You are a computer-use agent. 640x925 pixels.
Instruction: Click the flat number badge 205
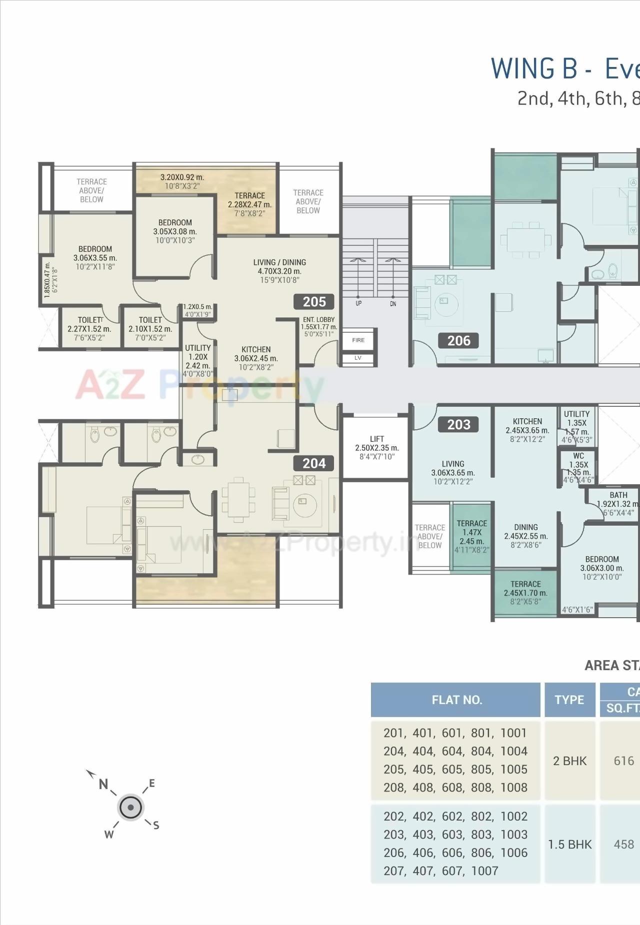[x=314, y=302]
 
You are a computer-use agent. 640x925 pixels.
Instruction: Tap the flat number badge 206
[x=458, y=341]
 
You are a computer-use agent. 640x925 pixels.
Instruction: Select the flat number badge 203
[x=458, y=425]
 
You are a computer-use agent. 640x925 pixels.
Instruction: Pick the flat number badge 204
[x=314, y=463]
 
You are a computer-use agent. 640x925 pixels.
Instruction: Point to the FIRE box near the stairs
[x=358, y=340]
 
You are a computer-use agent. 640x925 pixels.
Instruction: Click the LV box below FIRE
[x=358, y=358]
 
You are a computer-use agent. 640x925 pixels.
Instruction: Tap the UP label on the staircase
[x=358, y=303]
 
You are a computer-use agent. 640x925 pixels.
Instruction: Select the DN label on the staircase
[x=393, y=304]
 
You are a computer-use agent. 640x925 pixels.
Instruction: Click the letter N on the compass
[x=103, y=784]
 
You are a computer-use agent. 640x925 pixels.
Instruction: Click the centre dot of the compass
[x=130, y=807]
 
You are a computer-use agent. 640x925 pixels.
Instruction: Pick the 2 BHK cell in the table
[x=569, y=761]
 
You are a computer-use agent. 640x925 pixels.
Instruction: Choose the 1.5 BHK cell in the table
[x=569, y=844]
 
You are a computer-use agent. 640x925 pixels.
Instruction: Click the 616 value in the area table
[x=623, y=761]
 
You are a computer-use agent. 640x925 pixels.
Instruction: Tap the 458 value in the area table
[x=623, y=844]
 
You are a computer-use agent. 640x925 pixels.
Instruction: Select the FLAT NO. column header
[x=456, y=700]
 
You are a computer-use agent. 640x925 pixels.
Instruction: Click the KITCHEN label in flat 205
[x=256, y=349]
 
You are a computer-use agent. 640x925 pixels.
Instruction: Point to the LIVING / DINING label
[x=279, y=262]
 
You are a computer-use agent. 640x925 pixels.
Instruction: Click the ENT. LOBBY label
[x=318, y=320]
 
